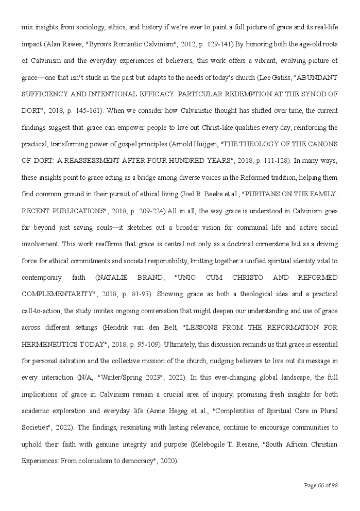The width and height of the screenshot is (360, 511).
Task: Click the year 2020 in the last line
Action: point(168,461)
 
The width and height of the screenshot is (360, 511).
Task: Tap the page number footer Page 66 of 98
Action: point(321,485)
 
